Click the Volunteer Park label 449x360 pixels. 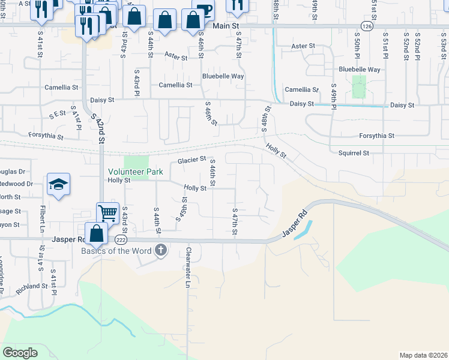(135, 172)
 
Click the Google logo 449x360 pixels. (20, 353)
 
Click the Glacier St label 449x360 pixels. (192, 161)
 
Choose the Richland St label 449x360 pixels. (32, 287)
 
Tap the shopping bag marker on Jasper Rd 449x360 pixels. (96, 233)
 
